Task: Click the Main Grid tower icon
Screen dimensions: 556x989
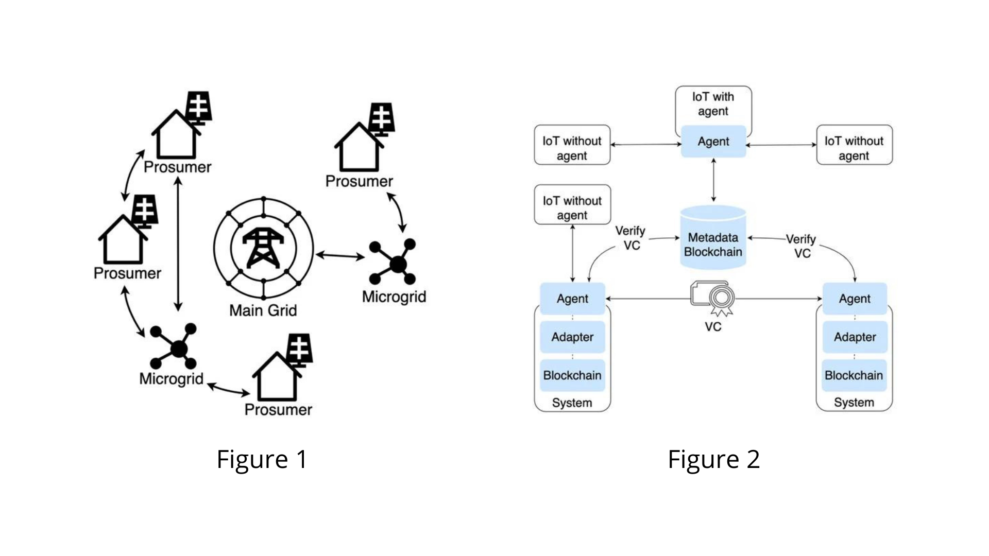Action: pyautogui.click(x=263, y=249)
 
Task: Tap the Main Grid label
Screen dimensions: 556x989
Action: pyautogui.click(x=263, y=310)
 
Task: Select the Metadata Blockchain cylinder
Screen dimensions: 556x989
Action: pyautogui.click(x=713, y=238)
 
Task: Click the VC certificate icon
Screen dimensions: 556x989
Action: pyautogui.click(x=713, y=298)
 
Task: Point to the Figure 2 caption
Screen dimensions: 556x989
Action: pyautogui.click(x=713, y=459)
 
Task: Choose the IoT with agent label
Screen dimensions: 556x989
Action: pyautogui.click(x=713, y=104)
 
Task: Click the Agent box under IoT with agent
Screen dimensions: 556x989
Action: pyautogui.click(x=713, y=142)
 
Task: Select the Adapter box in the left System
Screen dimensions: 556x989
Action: pyautogui.click(x=572, y=337)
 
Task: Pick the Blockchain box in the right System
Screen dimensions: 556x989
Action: pyautogui.click(x=854, y=375)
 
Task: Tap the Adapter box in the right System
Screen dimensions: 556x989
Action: pyautogui.click(x=855, y=337)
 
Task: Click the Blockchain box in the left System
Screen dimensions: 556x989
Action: pyautogui.click(x=572, y=375)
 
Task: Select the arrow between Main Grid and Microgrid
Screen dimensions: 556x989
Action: pyautogui.click(x=340, y=255)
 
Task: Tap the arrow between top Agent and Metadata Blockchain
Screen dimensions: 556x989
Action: pyautogui.click(x=713, y=180)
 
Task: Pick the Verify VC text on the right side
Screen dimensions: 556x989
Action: pyautogui.click(x=802, y=246)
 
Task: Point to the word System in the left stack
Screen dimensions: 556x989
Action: pyautogui.click(x=572, y=403)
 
